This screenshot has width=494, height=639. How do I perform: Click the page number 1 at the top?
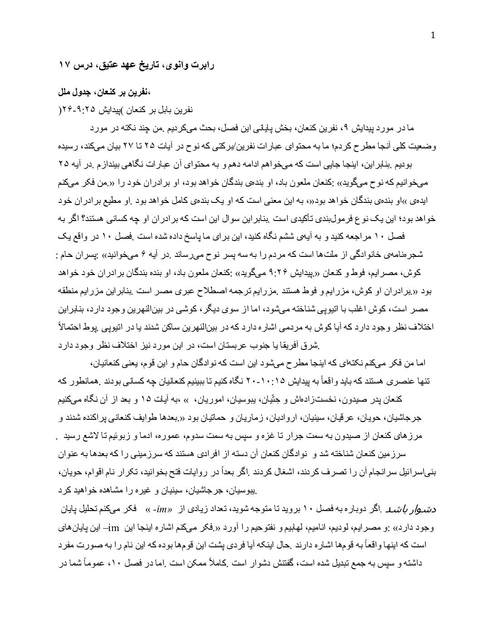click(x=433, y=36)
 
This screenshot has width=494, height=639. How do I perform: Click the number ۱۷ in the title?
click(x=64, y=65)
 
